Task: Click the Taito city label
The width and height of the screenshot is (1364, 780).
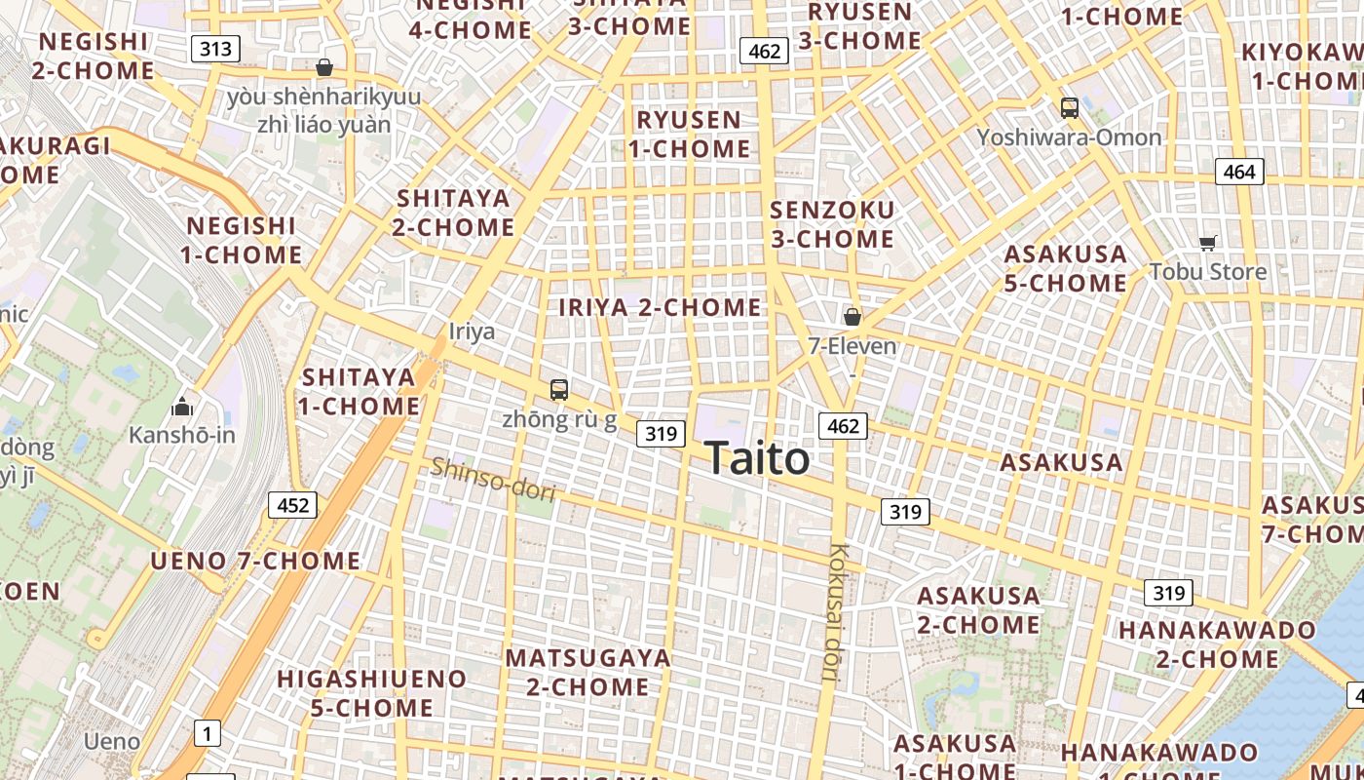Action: click(756, 458)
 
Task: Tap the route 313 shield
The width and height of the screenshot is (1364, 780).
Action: click(215, 49)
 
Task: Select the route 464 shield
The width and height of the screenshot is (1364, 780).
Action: click(1239, 172)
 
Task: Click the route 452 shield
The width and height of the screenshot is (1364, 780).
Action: click(292, 505)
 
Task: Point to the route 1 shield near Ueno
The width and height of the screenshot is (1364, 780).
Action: click(208, 733)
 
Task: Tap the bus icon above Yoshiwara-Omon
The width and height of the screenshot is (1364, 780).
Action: click(1069, 108)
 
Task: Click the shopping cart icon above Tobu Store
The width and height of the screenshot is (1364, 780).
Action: click(1208, 243)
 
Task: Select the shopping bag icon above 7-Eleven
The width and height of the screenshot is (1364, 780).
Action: click(852, 317)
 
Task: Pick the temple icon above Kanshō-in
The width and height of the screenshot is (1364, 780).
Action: click(182, 407)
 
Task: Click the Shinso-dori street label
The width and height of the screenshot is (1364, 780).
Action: click(493, 480)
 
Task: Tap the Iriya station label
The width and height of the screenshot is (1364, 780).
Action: click(472, 331)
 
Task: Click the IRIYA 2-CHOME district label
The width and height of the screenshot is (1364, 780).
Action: click(661, 307)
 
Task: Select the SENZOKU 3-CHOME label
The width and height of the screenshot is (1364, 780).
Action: click(832, 224)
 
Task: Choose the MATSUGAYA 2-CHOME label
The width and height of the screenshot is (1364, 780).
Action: click(588, 672)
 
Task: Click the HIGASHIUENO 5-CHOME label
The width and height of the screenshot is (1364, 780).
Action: click(371, 692)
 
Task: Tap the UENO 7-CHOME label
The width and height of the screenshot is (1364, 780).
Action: click(255, 561)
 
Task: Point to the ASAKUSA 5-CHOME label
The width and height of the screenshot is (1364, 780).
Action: click(1066, 268)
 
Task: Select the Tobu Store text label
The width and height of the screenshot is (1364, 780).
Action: click(1208, 271)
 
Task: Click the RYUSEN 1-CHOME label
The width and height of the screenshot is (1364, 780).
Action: click(689, 135)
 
